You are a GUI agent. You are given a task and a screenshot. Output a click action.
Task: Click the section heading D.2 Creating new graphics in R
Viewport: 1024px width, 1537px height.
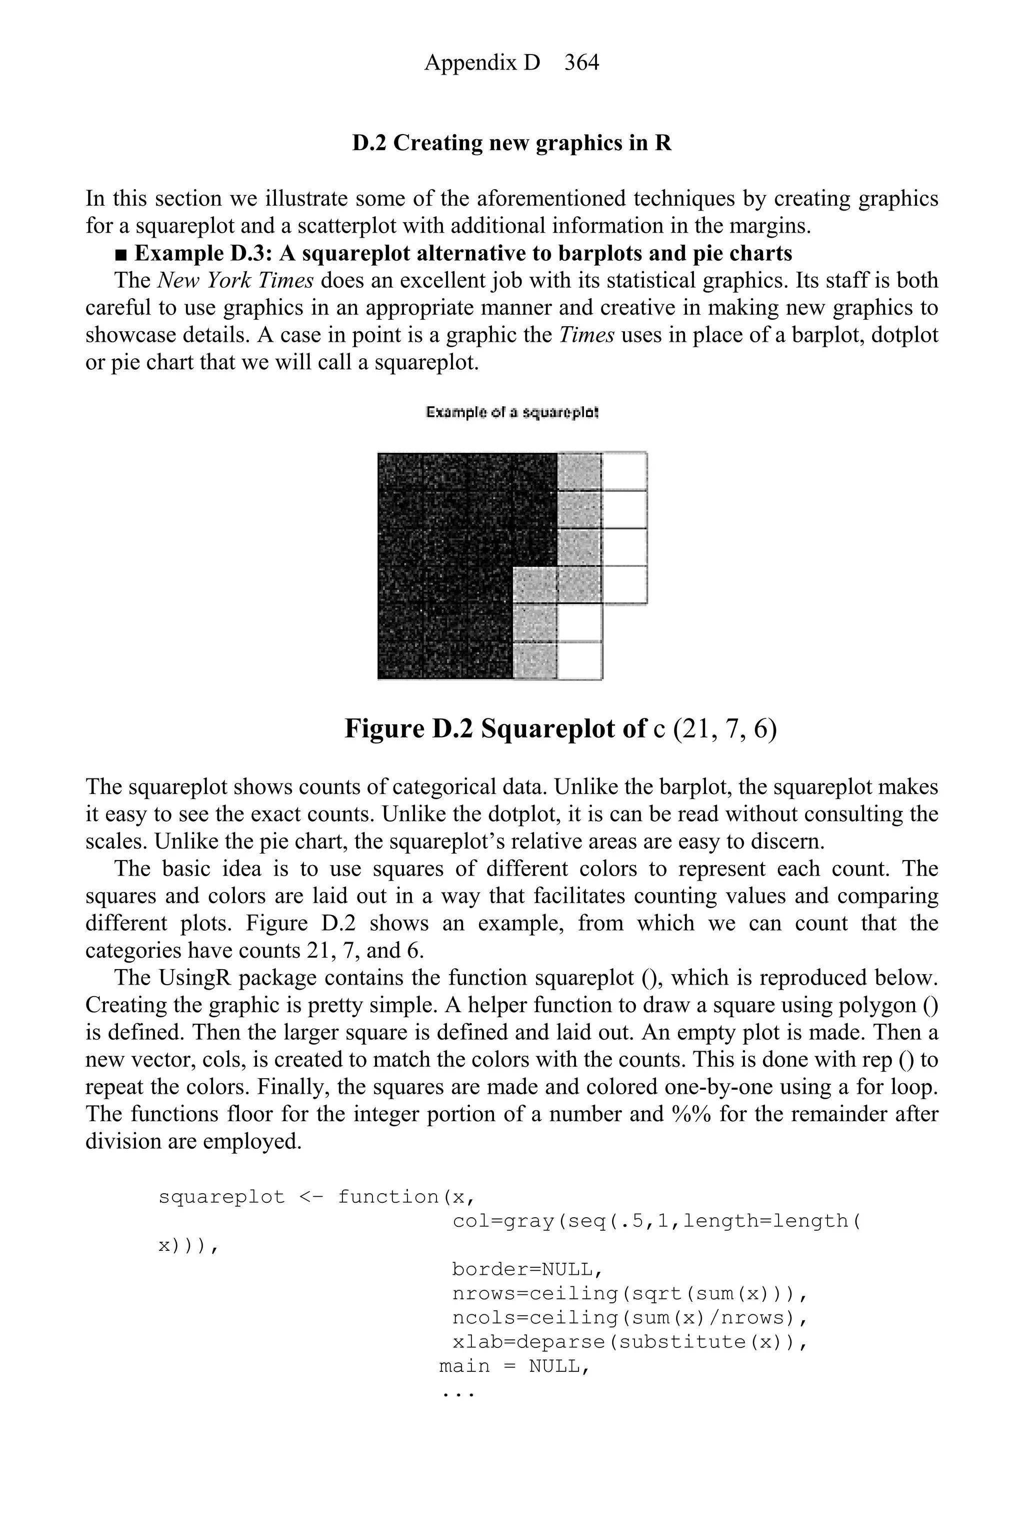[x=512, y=143]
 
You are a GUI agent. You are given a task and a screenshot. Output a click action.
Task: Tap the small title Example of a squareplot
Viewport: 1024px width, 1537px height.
[x=512, y=412]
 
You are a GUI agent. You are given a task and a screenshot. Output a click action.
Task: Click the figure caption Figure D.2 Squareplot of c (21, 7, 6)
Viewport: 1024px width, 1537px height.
[x=560, y=728]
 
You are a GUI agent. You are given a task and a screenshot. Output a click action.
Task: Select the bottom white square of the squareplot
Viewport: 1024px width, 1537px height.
[x=580, y=660]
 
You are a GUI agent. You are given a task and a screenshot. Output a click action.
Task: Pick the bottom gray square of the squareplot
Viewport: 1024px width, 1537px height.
[x=535, y=660]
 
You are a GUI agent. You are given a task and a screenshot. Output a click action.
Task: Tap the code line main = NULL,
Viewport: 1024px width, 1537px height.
[x=514, y=1366]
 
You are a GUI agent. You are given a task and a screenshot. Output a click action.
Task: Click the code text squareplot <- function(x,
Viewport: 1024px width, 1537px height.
[x=316, y=1197]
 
